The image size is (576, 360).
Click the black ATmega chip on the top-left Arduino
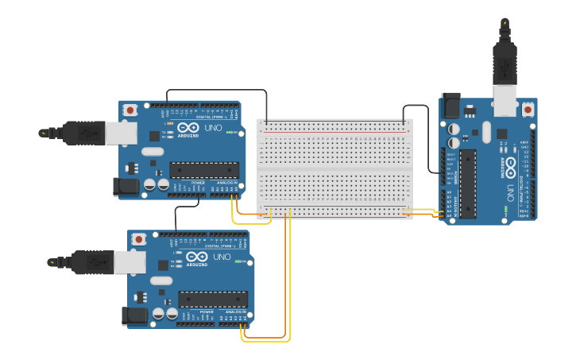point(204,169)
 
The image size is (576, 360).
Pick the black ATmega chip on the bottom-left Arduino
point(213,299)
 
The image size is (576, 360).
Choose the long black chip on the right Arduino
point(468,183)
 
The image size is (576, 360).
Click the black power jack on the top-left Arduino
point(126,187)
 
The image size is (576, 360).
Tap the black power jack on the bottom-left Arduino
point(135,316)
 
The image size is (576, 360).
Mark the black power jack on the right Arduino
point(450,105)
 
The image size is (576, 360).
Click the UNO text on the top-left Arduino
point(213,128)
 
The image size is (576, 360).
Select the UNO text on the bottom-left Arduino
point(222,257)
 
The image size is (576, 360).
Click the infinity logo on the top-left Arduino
point(188,128)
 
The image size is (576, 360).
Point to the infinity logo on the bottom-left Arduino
point(197,257)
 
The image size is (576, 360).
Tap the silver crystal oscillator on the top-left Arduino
point(153,151)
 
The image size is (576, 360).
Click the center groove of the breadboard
point(334,168)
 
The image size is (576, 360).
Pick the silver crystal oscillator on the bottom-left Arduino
point(161,281)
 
